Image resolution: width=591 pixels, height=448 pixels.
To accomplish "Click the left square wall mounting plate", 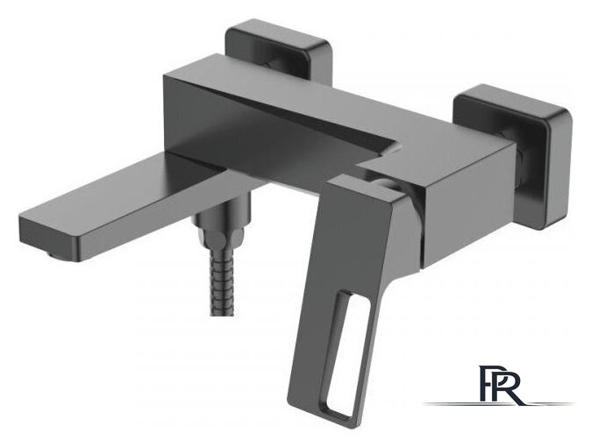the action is click(280, 49).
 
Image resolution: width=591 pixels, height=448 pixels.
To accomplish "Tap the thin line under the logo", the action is click(498, 404).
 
